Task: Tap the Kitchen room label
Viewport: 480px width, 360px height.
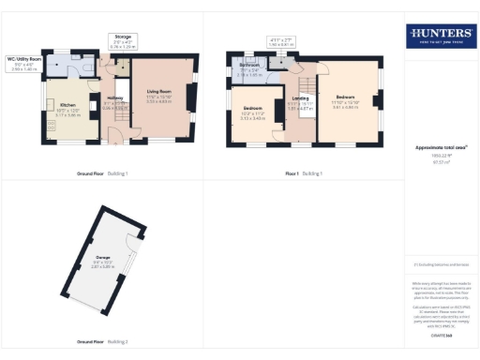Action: tap(67, 109)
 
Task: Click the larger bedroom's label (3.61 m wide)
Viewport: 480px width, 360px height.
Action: tap(346, 100)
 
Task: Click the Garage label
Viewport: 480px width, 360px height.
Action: tap(104, 257)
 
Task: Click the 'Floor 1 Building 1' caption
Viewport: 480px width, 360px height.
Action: tap(305, 173)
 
